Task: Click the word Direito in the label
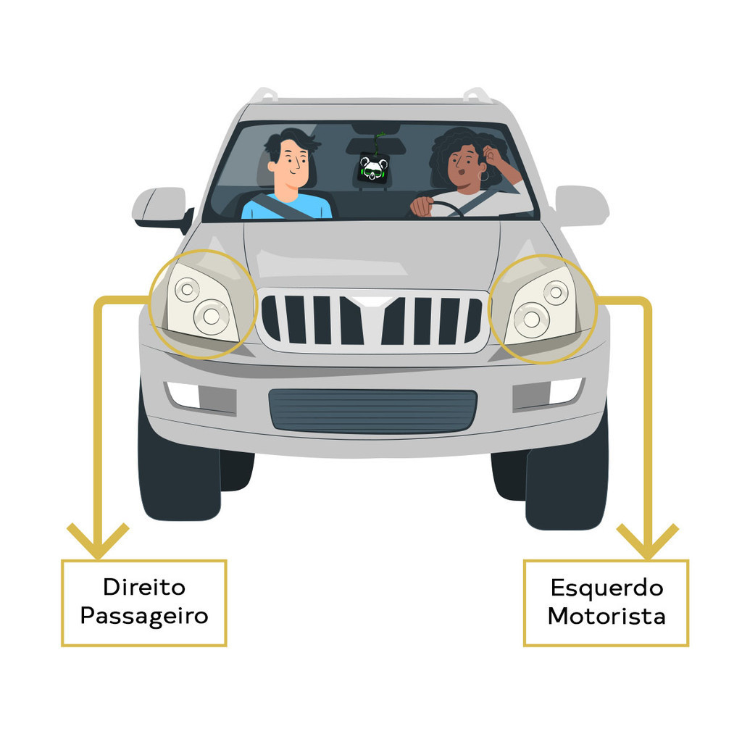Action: click(144, 587)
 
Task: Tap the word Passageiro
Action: click(144, 616)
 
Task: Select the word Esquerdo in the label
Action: click(606, 588)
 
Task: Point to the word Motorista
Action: click(606, 616)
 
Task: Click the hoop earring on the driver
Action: click(484, 176)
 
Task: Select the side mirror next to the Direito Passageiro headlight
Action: click(162, 208)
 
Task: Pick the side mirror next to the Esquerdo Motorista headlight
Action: click(582, 206)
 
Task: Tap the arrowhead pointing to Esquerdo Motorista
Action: click(647, 541)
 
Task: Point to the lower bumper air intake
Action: click(372, 411)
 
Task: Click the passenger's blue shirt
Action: click(286, 207)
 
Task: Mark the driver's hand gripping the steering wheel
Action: click(422, 207)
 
